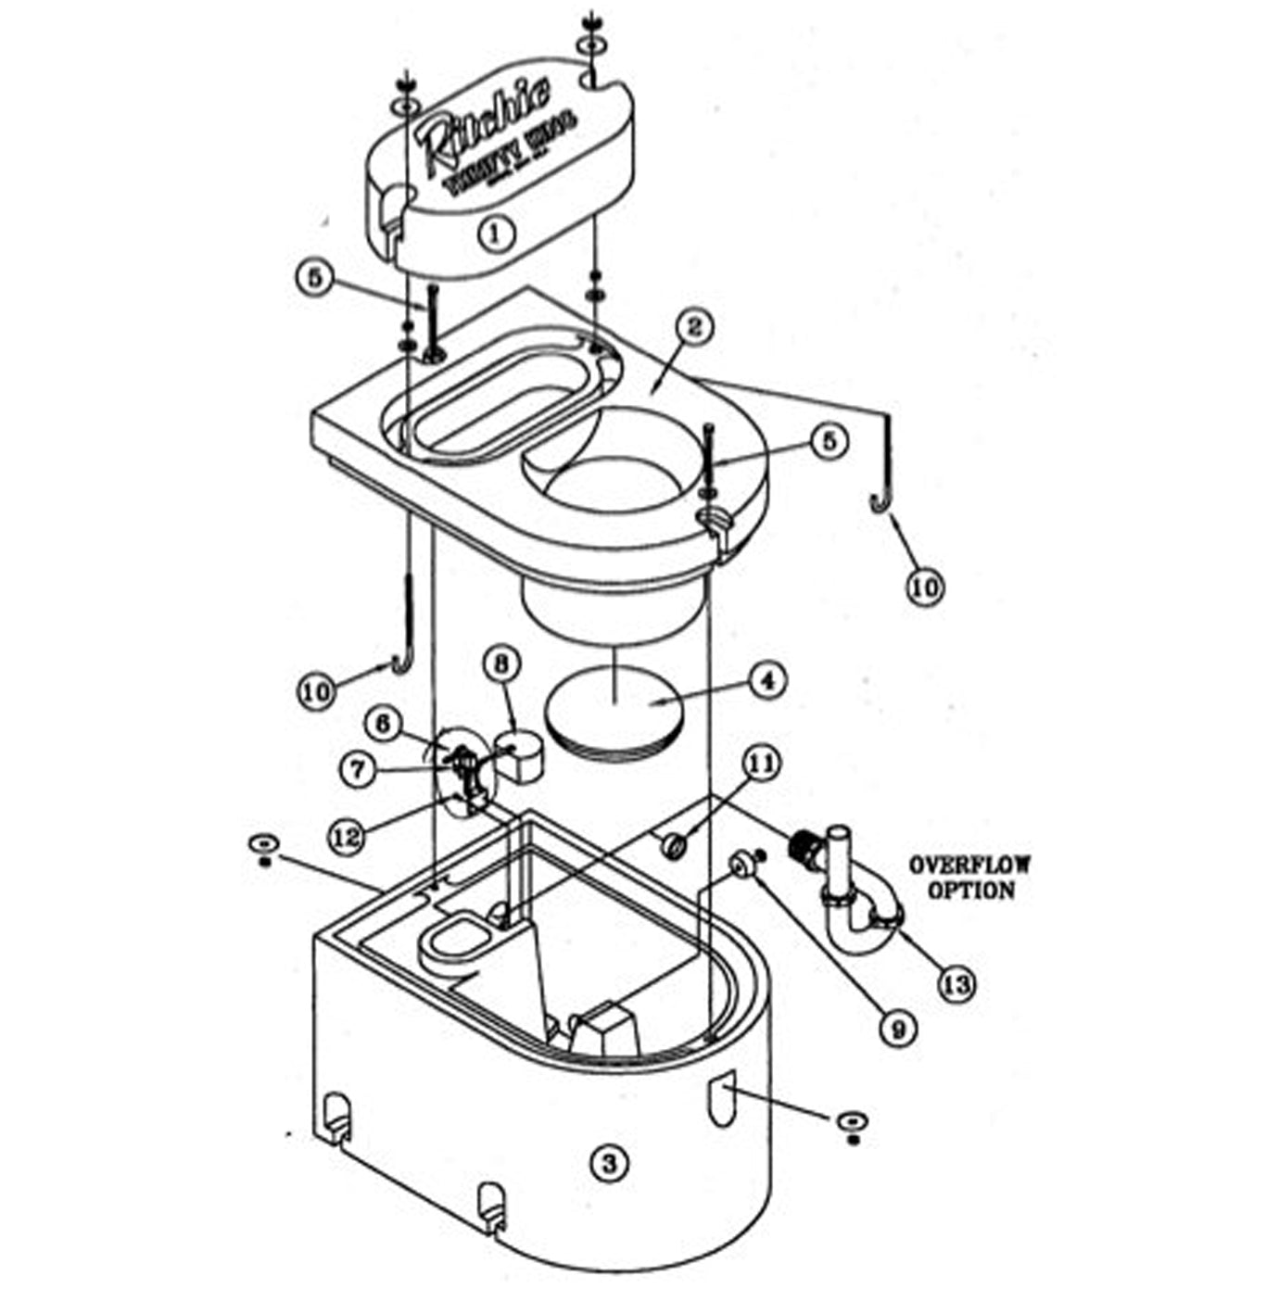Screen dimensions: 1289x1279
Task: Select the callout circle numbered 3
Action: (609, 1162)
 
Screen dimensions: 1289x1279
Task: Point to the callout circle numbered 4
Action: (767, 680)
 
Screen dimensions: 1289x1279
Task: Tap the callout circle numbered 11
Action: (763, 765)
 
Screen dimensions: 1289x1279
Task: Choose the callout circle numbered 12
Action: (347, 836)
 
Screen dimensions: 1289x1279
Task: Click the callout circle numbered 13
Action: (957, 984)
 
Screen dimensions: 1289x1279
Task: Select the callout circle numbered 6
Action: (382, 723)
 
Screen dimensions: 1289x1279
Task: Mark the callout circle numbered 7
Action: (359, 769)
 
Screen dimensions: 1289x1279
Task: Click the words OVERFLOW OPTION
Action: (969, 878)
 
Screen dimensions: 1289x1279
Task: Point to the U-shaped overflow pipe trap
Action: (857, 917)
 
